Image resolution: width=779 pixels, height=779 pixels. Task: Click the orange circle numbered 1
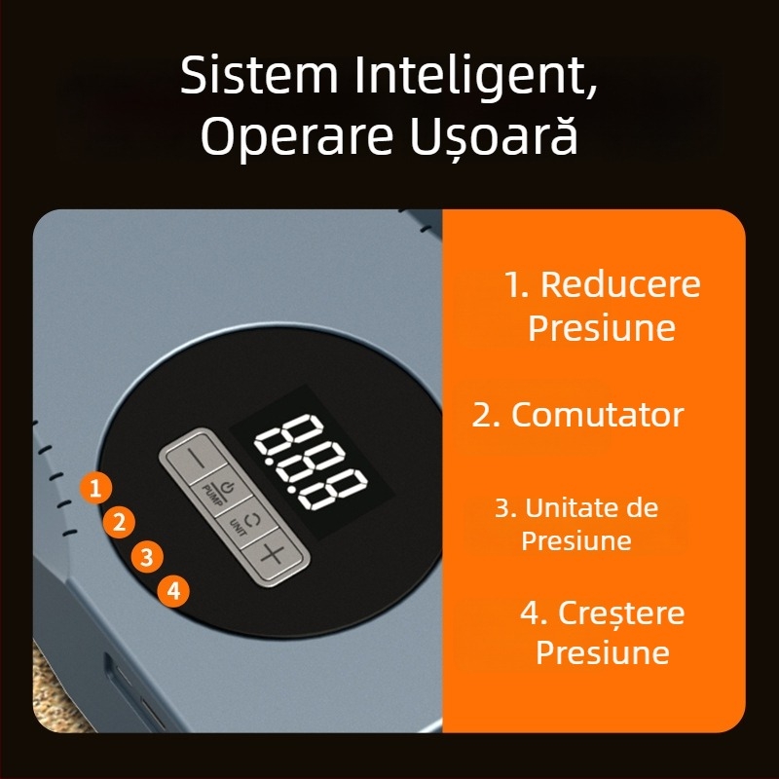(95, 488)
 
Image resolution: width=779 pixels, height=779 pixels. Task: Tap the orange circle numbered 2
(119, 522)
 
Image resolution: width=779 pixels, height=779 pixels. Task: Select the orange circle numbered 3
(147, 556)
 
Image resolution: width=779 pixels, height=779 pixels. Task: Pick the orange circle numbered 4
(173, 591)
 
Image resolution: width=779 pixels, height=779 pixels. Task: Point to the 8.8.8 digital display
(312, 462)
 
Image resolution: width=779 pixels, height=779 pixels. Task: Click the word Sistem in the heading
(258, 75)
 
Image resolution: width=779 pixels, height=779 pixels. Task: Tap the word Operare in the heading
(297, 137)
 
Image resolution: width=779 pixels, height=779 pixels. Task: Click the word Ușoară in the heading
(494, 136)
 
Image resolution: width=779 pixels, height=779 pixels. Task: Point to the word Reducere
(620, 284)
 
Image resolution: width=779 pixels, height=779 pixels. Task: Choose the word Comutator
(598, 415)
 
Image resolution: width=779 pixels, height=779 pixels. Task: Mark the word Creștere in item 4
(621, 614)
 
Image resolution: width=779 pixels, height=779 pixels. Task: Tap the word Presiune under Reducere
(602, 327)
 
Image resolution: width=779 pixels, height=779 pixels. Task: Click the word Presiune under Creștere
(603, 651)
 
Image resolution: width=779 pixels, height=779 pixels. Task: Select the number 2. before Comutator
(486, 415)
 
